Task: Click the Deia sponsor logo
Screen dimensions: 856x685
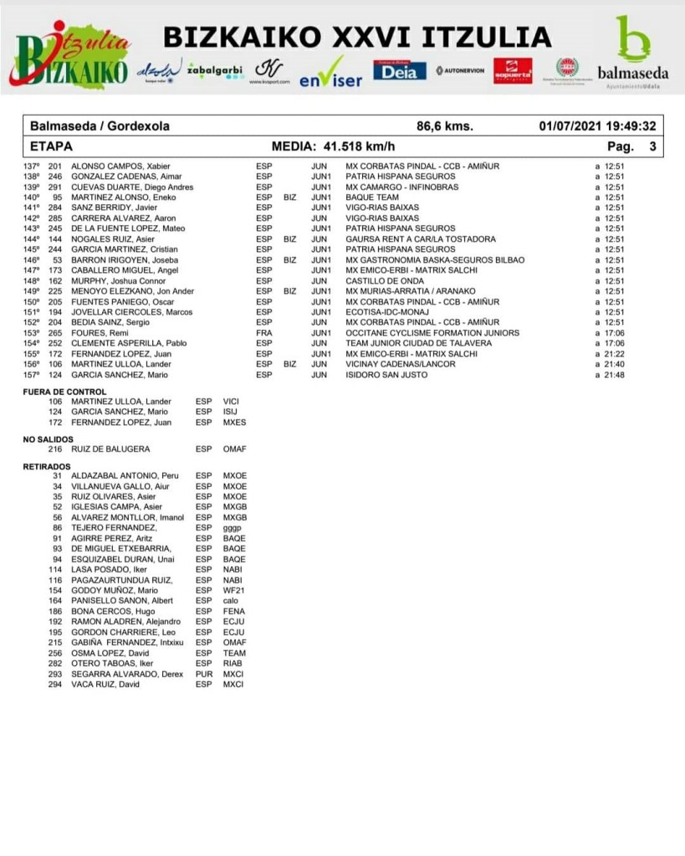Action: (399, 70)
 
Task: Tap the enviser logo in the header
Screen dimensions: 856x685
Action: (331, 74)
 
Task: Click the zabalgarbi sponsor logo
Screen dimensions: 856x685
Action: (216, 69)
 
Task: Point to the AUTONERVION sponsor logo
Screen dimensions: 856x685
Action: (460, 70)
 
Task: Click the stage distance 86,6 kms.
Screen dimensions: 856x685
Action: (445, 126)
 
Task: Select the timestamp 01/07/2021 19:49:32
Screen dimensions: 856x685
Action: (597, 126)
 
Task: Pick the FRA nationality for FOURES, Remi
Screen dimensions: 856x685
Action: (263, 333)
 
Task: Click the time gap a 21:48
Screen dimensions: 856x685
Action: (610, 375)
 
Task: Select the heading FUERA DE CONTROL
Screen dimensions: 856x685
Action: (64, 392)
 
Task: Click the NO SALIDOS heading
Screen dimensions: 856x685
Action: (48, 438)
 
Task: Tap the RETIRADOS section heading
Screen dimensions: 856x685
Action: (47, 466)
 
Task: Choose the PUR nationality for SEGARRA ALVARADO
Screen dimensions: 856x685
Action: (203, 674)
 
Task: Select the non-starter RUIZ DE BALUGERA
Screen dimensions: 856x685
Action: (110, 449)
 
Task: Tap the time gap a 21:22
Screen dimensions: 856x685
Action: (610, 354)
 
